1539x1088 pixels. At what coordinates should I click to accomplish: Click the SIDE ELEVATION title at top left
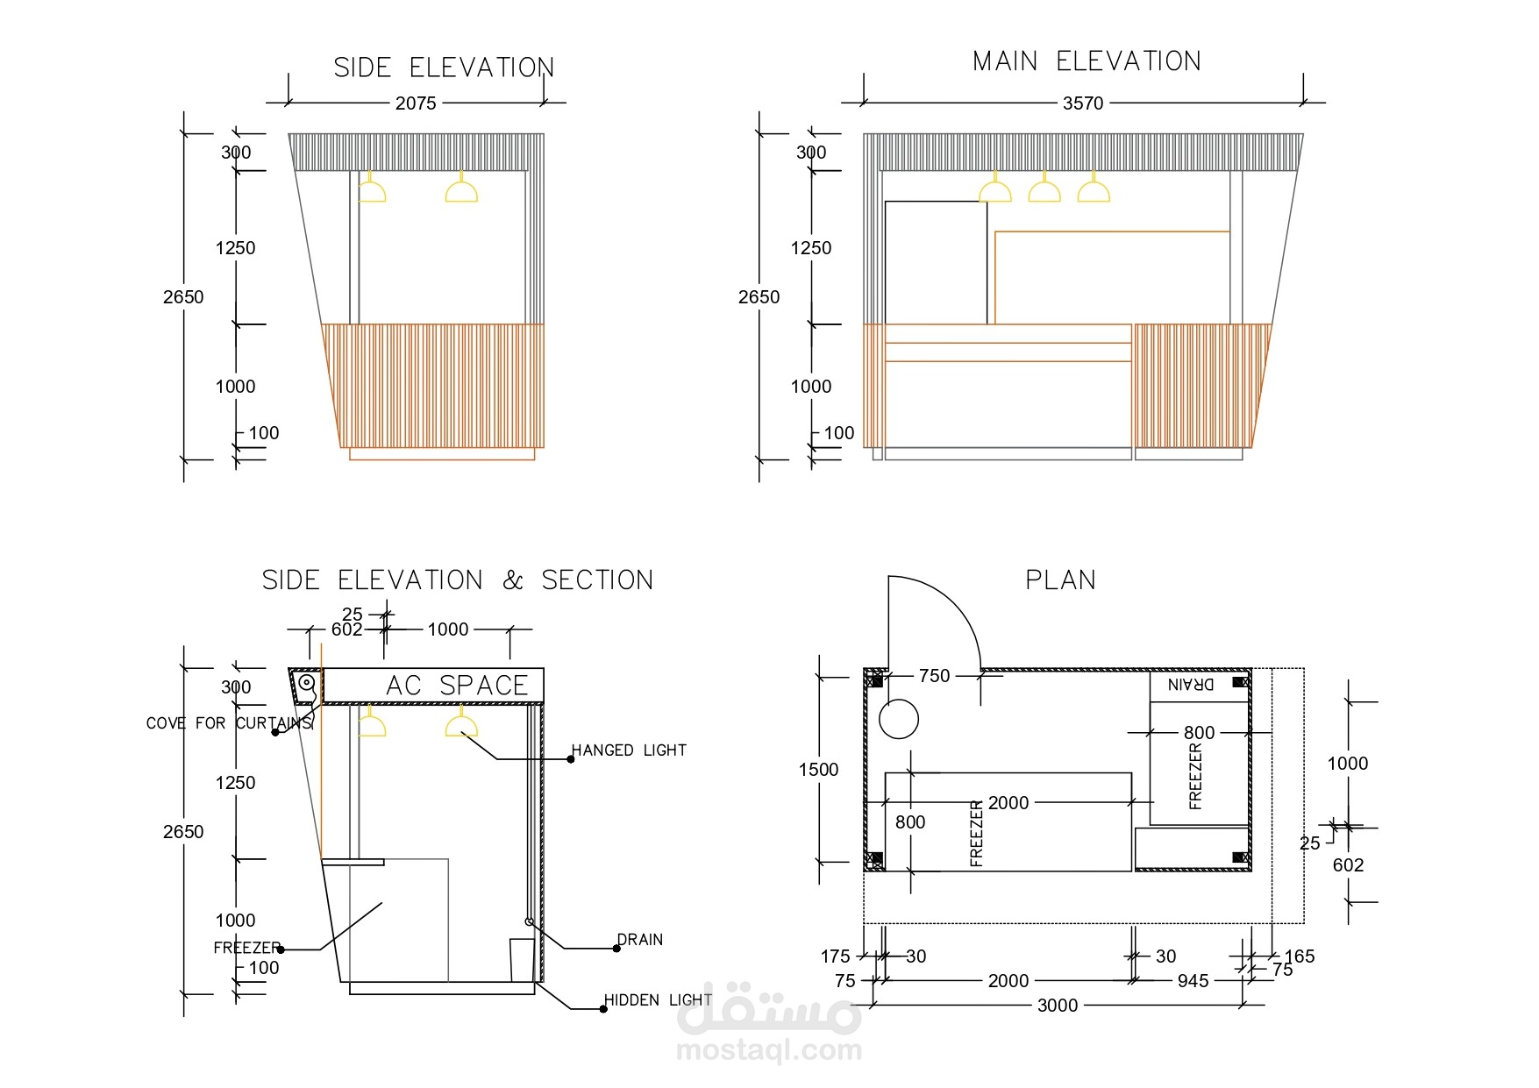point(444,68)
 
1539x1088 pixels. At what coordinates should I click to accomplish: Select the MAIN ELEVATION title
point(1087,61)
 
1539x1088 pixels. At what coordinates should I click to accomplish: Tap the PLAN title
point(1061,580)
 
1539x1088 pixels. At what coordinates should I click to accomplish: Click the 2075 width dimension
point(416,103)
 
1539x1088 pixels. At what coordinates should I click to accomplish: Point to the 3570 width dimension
point(1083,103)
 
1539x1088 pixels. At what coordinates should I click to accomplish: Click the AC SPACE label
point(457,686)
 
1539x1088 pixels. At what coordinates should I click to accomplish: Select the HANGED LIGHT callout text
point(629,750)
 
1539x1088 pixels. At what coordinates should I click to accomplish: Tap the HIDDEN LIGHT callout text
point(658,1000)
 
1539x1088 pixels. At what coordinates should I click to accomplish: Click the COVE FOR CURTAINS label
point(229,723)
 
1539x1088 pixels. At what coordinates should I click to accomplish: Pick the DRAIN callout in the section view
point(640,940)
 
